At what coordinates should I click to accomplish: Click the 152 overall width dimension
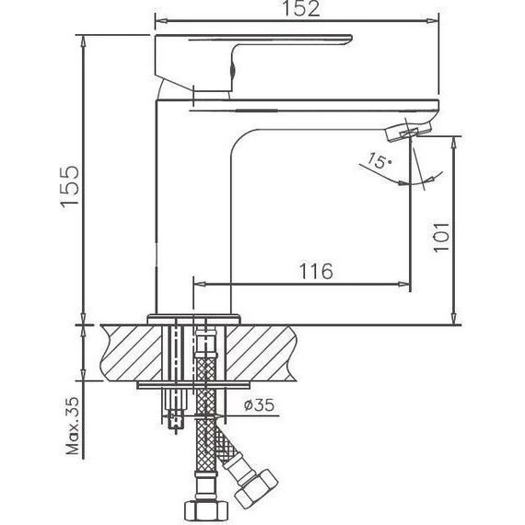(296, 9)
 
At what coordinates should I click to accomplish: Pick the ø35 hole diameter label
(261, 403)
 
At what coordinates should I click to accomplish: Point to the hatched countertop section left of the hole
(124, 350)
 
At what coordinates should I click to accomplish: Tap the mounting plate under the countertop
(195, 386)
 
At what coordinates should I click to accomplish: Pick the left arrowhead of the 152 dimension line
(157, 19)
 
